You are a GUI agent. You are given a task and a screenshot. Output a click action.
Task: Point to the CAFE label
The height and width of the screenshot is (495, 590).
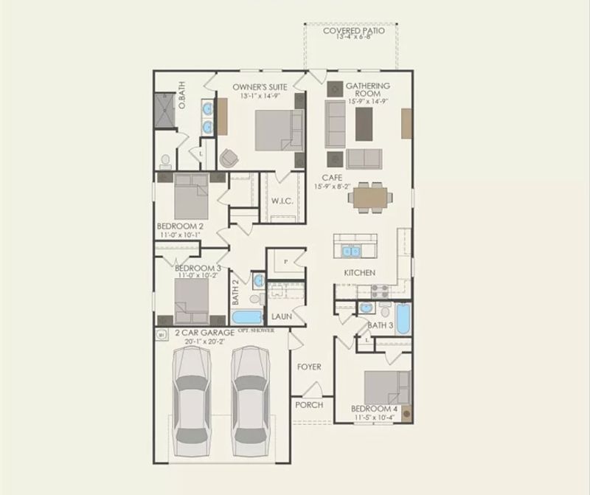[x=331, y=178]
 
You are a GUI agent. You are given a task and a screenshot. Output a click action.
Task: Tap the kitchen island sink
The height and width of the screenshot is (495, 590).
[x=348, y=251]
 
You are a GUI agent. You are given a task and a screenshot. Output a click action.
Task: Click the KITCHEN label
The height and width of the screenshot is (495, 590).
[x=359, y=273]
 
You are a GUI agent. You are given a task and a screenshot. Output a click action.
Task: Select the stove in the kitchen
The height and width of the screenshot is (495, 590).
[x=379, y=291]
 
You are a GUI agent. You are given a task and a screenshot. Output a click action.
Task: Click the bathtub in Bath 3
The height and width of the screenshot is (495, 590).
[x=402, y=319]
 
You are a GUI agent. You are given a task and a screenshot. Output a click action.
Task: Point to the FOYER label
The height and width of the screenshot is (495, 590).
[x=308, y=367]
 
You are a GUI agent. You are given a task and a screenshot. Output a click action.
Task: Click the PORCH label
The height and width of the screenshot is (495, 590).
[x=308, y=405]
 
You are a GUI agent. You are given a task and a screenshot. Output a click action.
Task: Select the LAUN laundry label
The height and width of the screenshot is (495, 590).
[x=282, y=316]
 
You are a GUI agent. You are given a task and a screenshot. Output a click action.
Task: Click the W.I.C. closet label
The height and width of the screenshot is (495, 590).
[x=282, y=201]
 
